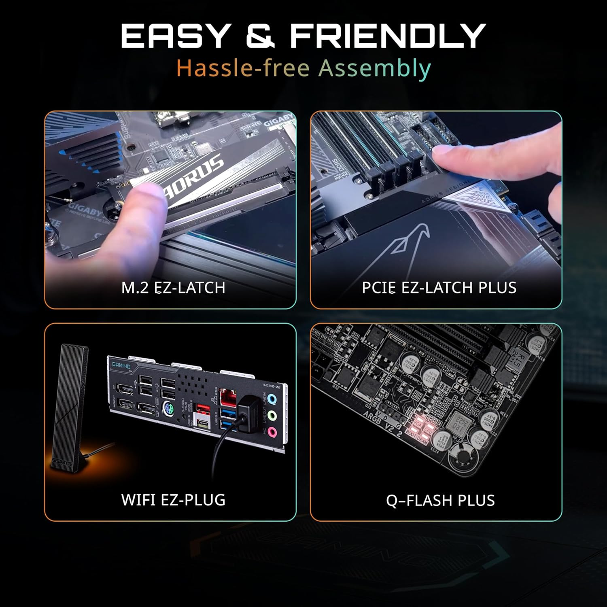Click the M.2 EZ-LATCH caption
(x=173, y=288)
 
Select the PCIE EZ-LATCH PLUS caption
(x=439, y=288)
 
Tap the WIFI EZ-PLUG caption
(x=173, y=500)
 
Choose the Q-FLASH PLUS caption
(x=440, y=501)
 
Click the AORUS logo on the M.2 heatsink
(x=194, y=178)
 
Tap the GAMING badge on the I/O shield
(x=121, y=365)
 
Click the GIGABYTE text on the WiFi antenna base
(x=63, y=463)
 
